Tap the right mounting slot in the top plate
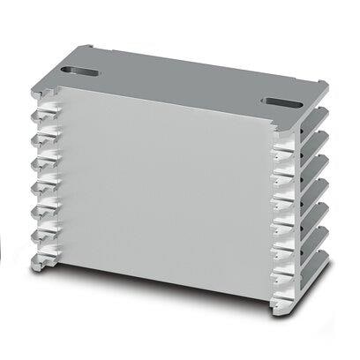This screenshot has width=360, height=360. coord(282,101)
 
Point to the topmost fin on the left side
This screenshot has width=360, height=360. coord(39,116)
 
